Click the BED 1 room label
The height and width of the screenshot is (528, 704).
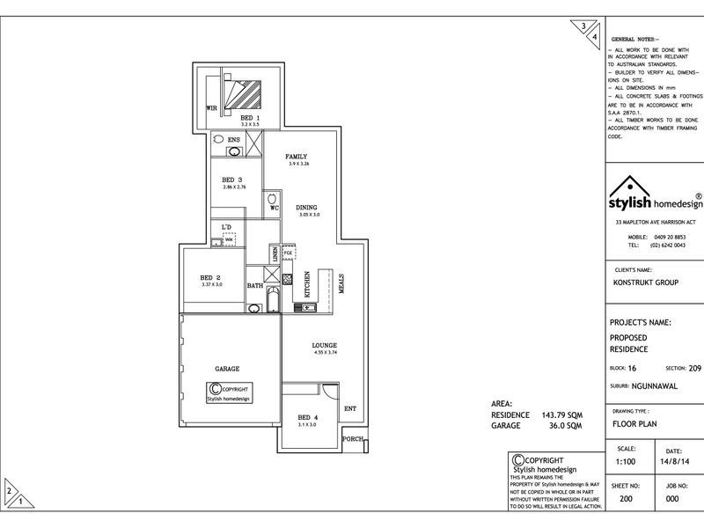coord(251,117)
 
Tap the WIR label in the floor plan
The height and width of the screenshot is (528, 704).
coord(211,108)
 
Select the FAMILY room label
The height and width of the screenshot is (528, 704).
coord(296,157)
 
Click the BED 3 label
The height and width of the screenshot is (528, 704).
coord(233,180)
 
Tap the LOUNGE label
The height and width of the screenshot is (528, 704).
coord(325,345)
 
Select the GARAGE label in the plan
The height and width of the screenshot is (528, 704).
coord(227,369)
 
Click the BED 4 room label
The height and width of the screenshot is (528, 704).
coord(306,417)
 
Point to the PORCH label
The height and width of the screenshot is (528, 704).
coord(353,438)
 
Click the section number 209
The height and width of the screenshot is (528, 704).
coord(694,368)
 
